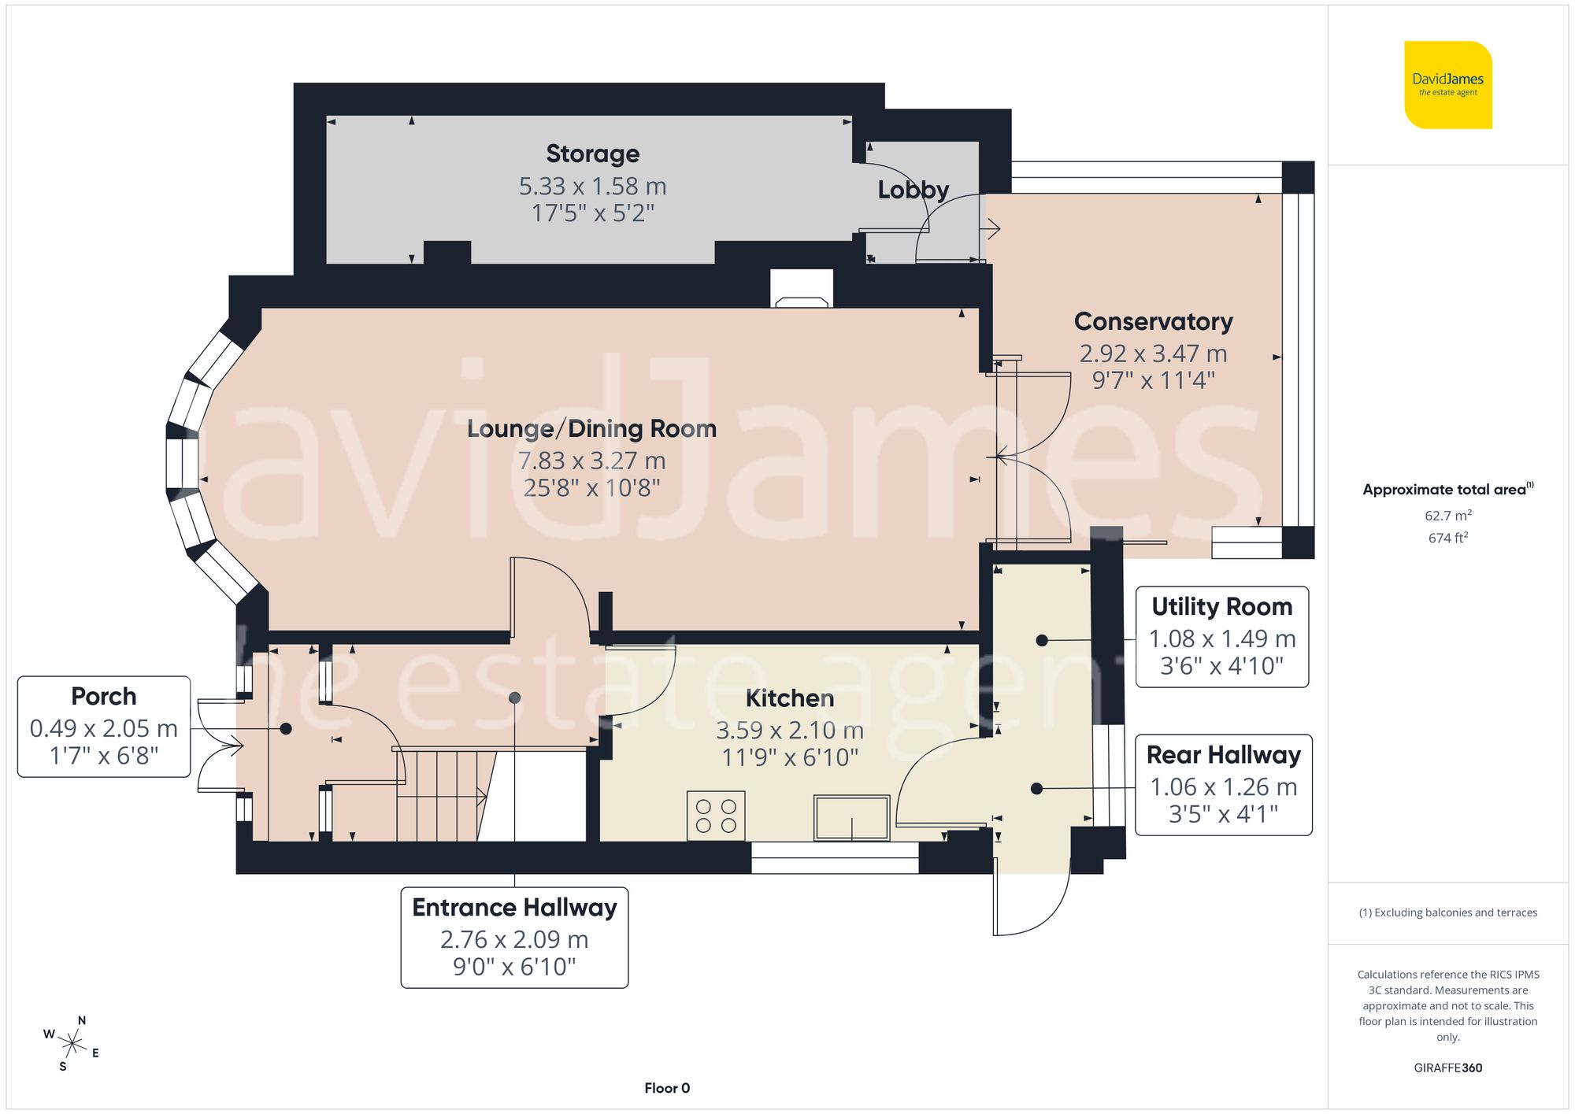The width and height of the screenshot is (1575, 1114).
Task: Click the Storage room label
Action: pos(592,154)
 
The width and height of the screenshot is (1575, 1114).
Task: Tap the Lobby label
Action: pos(913,190)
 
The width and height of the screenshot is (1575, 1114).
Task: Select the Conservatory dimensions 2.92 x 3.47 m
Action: pos(1153,353)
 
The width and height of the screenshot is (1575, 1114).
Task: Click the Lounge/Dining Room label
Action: pos(591,428)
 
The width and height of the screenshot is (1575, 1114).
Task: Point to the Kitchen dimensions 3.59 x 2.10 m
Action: pos(789,731)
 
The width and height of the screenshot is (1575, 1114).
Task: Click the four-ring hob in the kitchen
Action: pos(716,816)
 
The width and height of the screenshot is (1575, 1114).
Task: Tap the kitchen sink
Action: pos(852,817)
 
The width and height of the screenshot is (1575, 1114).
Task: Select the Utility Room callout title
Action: pos(1221,606)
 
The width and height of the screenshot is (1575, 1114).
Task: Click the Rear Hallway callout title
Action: pos(1223,754)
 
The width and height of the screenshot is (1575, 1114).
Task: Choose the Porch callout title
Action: pos(103,696)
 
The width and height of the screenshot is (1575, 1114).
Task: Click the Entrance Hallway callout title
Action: pos(514,907)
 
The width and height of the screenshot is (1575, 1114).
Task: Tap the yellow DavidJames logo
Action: pos(1447,85)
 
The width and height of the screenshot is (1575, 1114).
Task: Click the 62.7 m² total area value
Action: pos(1447,516)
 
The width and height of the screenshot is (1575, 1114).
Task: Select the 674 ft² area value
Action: pos(1447,538)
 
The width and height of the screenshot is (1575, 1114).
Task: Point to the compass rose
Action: pos(72,1045)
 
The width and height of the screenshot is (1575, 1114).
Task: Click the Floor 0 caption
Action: pos(666,1088)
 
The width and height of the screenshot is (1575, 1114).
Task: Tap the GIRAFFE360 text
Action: pos(1447,1068)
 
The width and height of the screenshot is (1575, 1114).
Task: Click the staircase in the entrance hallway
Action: pos(441,795)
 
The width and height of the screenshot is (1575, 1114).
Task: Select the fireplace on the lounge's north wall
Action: pos(802,289)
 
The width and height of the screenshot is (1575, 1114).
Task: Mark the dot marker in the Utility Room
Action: pos(1041,640)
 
